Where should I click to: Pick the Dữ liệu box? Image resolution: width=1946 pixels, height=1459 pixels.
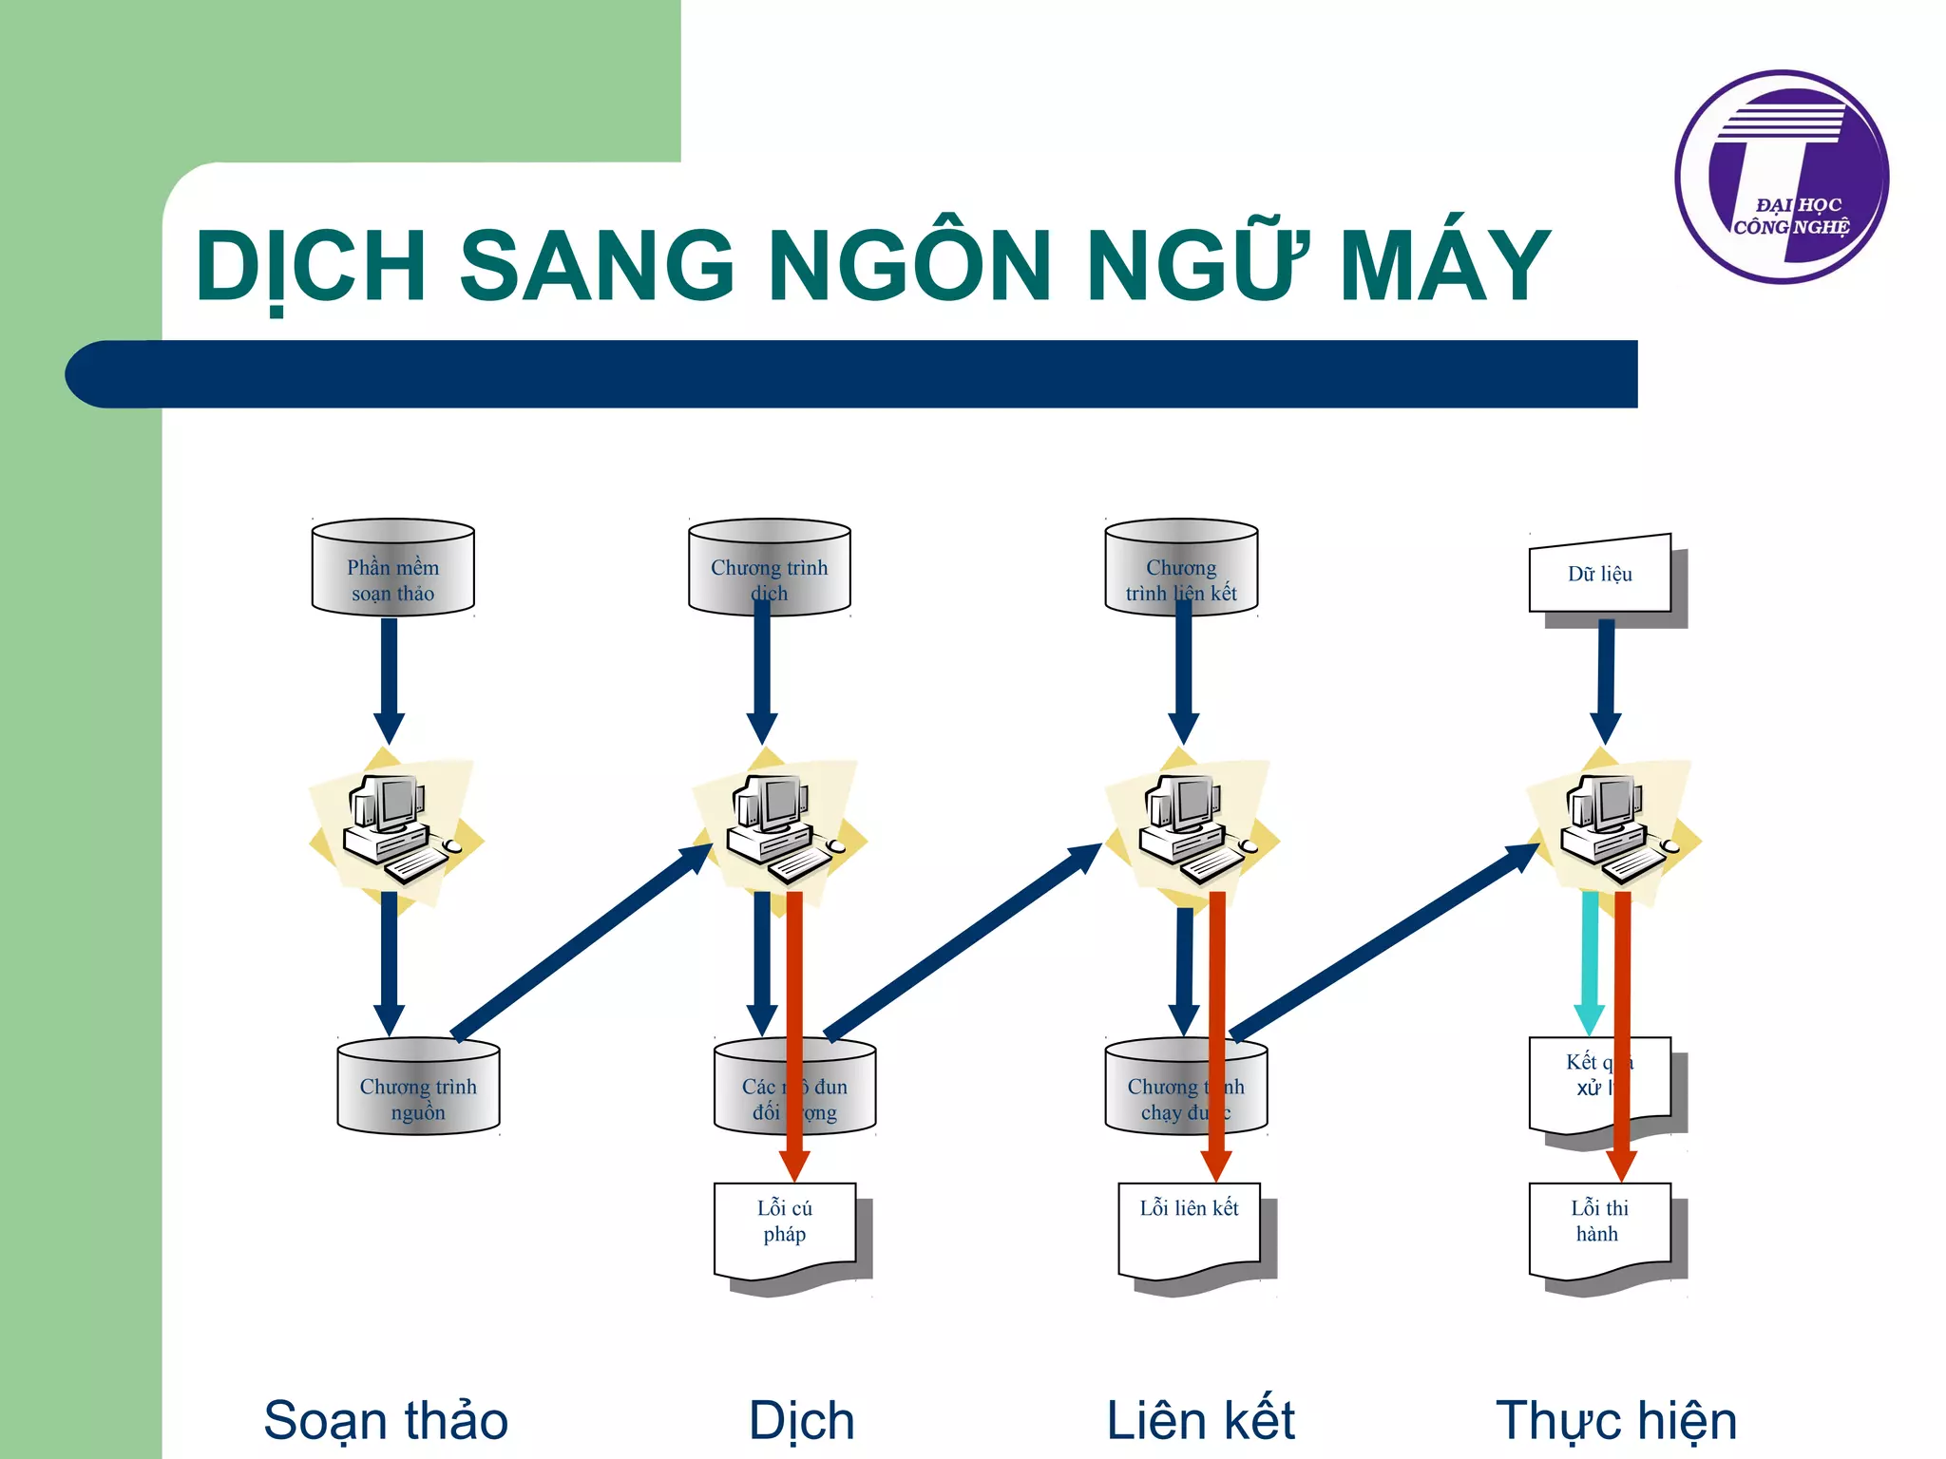(x=1599, y=575)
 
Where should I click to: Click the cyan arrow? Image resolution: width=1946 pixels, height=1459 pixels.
(x=1589, y=959)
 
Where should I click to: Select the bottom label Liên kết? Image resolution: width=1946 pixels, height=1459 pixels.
(x=1200, y=1421)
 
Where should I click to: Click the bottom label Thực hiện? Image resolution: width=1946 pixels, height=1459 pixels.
(x=1616, y=1421)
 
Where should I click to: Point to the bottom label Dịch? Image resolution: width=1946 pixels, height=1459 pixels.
(x=801, y=1421)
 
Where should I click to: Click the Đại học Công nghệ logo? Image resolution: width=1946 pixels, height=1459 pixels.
(x=1782, y=178)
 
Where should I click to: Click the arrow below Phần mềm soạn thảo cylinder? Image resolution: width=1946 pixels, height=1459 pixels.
(x=389, y=679)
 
